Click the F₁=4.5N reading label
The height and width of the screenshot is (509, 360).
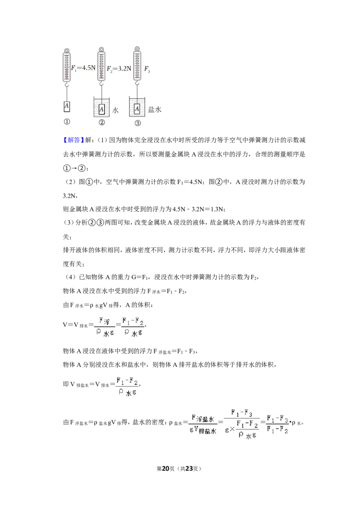84,68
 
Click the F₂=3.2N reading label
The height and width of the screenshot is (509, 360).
119,68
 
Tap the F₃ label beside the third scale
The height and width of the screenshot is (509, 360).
147,69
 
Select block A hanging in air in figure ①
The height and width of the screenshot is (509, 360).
67,106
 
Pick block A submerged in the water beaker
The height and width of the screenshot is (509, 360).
102,109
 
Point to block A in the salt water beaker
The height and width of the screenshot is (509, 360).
137,109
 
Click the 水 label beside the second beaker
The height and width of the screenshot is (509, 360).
115,110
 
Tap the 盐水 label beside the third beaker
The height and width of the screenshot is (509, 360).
155,109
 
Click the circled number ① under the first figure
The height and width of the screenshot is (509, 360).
67,122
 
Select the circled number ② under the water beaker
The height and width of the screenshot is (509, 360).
102,122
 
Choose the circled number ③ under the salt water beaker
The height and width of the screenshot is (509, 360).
138,123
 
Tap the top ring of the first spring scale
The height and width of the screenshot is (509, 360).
67,51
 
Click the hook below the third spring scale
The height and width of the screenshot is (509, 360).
137,84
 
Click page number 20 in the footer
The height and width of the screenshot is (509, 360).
166,469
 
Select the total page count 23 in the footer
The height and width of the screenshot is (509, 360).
189,469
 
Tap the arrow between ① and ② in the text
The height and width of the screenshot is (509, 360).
74,168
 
